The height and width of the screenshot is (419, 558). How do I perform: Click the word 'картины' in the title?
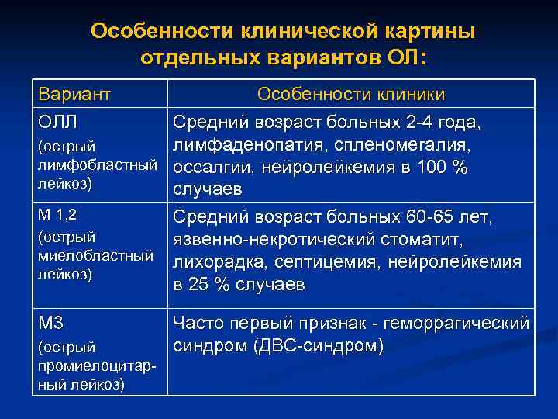coord(424,31)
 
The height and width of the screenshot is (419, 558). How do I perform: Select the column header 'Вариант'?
coord(75,94)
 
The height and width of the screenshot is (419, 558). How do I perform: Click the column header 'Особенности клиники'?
coord(351,94)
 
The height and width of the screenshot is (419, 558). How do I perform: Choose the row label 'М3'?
coord(53,320)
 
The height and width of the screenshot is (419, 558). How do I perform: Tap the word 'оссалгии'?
coord(209,168)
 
